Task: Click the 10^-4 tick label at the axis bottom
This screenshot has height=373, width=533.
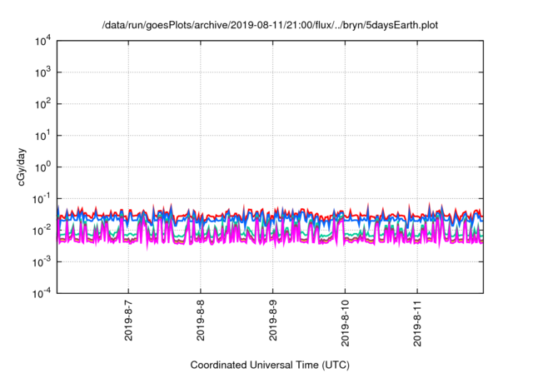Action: click(x=39, y=292)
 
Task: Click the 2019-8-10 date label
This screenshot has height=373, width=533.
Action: click(x=346, y=320)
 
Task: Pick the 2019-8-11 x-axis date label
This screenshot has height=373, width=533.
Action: click(x=418, y=320)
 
